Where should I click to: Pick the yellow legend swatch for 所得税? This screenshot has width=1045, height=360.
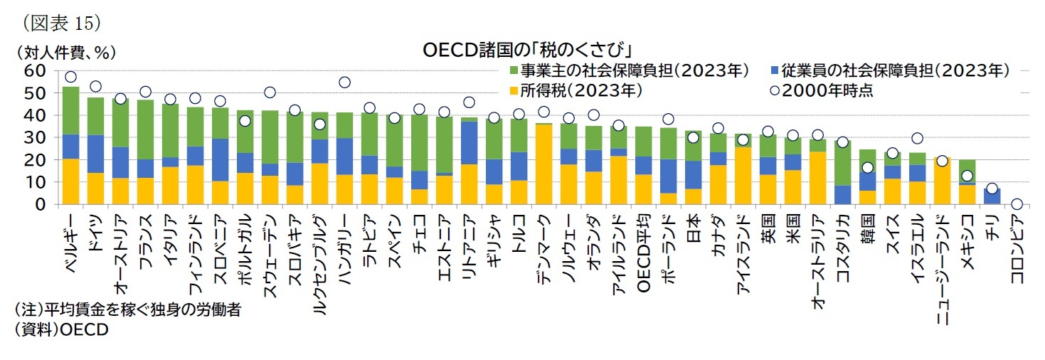514,90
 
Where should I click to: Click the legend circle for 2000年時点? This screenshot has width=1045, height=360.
775,90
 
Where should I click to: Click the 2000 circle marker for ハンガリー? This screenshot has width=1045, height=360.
344,83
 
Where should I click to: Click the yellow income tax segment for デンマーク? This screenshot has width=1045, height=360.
543,164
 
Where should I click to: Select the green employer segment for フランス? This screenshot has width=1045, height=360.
145,129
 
